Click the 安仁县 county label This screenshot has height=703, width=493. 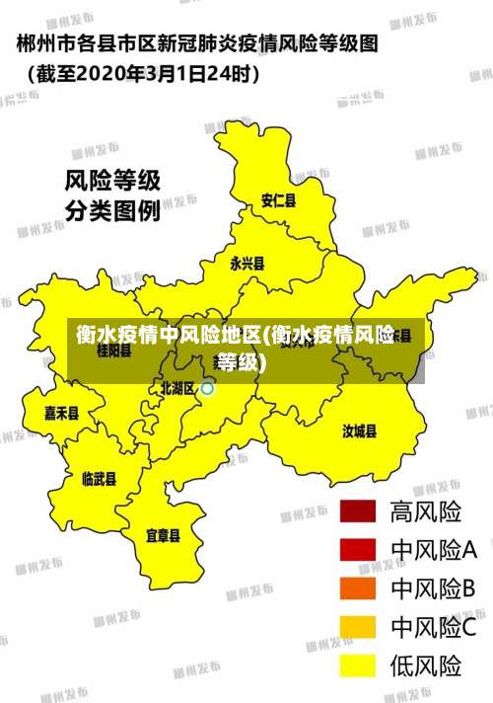(x=277, y=200)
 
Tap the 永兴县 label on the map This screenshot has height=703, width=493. (x=246, y=264)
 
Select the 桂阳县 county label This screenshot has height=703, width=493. (x=113, y=351)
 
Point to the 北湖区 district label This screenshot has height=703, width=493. (x=177, y=388)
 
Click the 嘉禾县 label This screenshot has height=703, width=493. (x=61, y=414)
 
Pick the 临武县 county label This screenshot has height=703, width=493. (x=99, y=479)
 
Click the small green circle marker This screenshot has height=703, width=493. (x=207, y=389)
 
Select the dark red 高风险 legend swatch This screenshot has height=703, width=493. (x=359, y=511)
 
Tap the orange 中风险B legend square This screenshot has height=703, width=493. (x=359, y=588)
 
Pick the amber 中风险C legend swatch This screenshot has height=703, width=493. (x=359, y=627)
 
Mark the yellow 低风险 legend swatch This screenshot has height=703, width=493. (x=359, y=665)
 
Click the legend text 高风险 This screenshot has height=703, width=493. (x=426, y=511)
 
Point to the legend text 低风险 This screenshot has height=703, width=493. (x=426, y=665)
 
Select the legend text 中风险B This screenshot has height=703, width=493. (x=434, y=588)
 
